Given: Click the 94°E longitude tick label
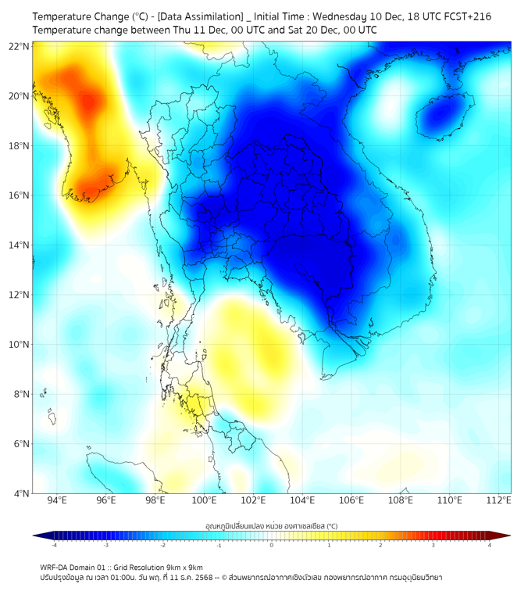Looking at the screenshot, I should [57, 500].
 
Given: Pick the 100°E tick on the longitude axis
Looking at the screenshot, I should [205, 500].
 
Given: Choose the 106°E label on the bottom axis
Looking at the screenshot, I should [352, 500].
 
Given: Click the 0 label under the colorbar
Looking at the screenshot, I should [272, 545].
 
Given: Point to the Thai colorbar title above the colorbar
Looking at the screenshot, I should [271, 526].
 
